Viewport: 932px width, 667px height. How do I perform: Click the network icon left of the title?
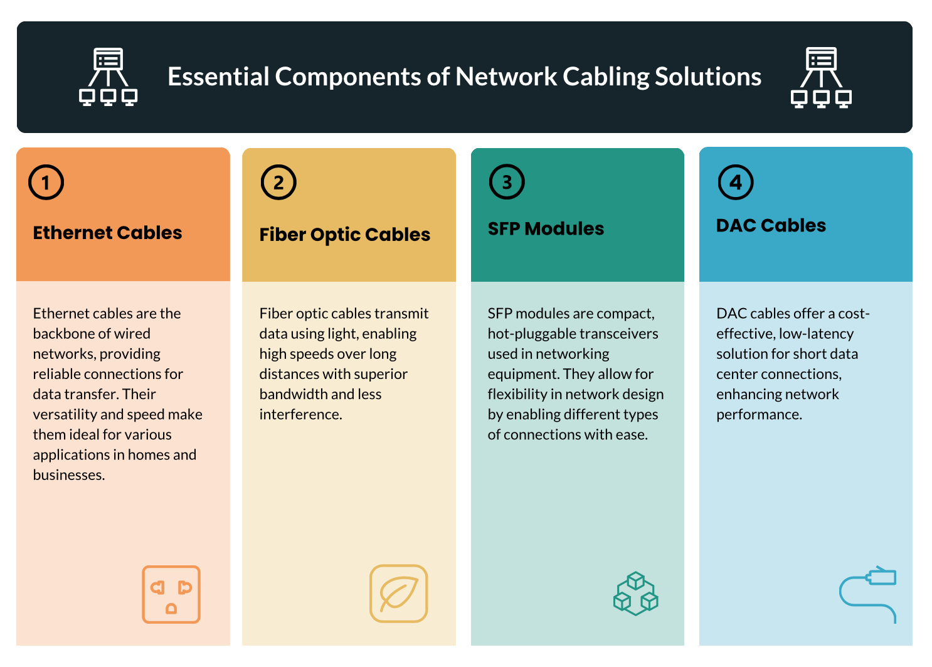click(108, 77)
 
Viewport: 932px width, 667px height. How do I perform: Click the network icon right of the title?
click(821, 77)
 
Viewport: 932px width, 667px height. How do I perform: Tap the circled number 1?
click(46, 183)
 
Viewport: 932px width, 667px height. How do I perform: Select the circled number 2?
click(278, 183)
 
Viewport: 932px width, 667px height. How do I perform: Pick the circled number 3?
click(507, 182)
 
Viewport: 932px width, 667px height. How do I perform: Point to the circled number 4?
click(736, 182)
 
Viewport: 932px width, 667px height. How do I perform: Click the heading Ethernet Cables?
click(107, 232)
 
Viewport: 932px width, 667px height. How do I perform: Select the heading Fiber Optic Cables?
click(344, 235)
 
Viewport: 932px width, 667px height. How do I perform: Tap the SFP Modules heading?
click(546, 228)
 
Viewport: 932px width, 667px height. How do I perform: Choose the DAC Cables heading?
click(771, 225)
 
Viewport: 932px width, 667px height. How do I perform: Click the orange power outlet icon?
click(171, 594)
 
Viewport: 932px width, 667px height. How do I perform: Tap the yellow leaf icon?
click(399, 594)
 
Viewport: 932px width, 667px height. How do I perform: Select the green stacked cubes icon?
click(636, 594)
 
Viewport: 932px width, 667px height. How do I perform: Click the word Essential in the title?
click(218, 77)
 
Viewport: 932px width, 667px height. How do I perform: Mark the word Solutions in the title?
click(708, 77)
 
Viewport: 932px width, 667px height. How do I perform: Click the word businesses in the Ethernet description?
click(68, 474)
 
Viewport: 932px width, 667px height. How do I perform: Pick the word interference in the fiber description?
click(300, 414)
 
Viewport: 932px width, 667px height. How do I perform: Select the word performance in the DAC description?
click(759, 415)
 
